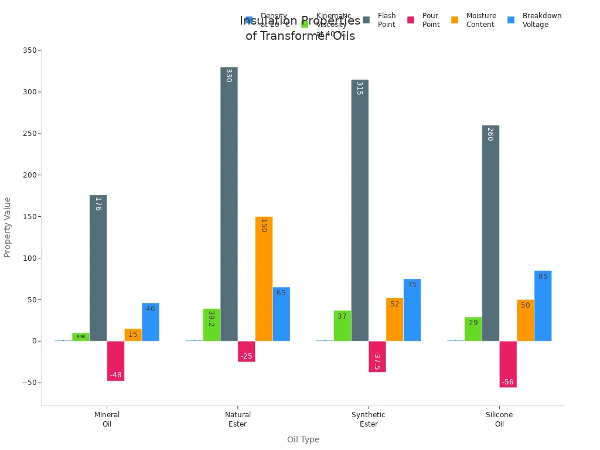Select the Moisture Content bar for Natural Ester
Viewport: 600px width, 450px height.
pyautogui.click(x=264, y=279)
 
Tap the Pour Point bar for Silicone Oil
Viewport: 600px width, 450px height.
pyautogui.click(x=508, y=364)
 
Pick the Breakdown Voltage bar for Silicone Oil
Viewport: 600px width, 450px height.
pyautogui.click(x=543, y=306)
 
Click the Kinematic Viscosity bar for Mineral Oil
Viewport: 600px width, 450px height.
pyautogui.click(x=81, y=337)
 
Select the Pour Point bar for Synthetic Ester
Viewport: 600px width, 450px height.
pyautogui.click(x=377, y=356)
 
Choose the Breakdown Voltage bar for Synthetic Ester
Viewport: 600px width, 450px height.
pyautogui.click(x=412, y=310)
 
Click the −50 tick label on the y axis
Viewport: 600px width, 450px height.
pyautogui.click(x=27, y=383)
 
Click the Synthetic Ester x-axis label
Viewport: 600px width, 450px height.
pyautogui.click(x=369, y=420)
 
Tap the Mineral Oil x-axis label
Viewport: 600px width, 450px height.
pyautogui.click(x=107, y=420)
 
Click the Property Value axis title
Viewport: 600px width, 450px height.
pyautogui.click(x=8, y=227)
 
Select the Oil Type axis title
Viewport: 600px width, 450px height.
pyautogui.click(x=303, y=439)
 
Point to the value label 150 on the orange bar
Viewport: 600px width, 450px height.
pyautogui.click(x=264, y=226)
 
